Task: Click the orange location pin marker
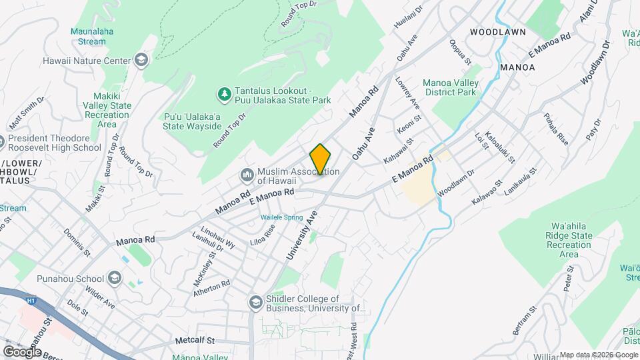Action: [321, 159]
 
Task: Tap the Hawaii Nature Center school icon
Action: [141, 61]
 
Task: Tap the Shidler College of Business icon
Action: [255, 303]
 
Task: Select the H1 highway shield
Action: [31, 301]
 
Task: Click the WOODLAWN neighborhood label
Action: [497, 32]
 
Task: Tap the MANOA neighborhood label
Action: [517, 67]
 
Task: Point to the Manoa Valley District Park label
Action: [450, 87]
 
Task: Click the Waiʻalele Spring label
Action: [281, 217]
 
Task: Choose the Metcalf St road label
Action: [195, 340]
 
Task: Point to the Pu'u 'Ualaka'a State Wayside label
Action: [193, 121]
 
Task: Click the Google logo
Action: [22, 351]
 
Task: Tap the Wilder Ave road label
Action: [99, 299]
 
